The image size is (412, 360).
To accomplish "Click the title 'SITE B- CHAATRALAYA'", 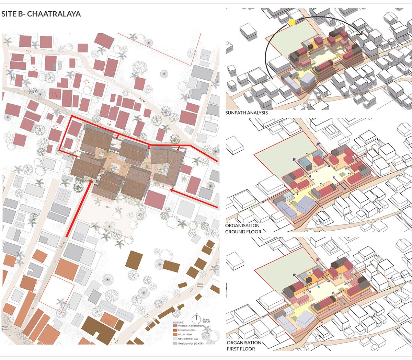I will (41, 14).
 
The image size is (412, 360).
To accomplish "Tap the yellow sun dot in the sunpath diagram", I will (291, 22).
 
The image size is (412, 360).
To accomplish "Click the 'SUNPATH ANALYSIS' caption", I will (247, 113).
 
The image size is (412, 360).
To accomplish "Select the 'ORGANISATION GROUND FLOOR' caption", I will (243, 229).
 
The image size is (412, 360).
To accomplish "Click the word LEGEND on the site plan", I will (179, 323).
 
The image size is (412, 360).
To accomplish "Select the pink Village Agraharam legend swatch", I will (175, 326).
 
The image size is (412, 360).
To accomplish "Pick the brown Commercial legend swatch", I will (175, 330).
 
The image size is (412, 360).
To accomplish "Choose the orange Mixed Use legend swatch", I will (175, 334).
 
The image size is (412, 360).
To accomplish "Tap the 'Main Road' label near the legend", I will (200, 285).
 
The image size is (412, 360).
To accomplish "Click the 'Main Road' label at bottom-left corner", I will (5, 328).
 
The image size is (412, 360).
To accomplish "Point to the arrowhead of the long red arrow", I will (90, 181).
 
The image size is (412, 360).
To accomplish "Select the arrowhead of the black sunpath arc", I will (362, 33).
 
